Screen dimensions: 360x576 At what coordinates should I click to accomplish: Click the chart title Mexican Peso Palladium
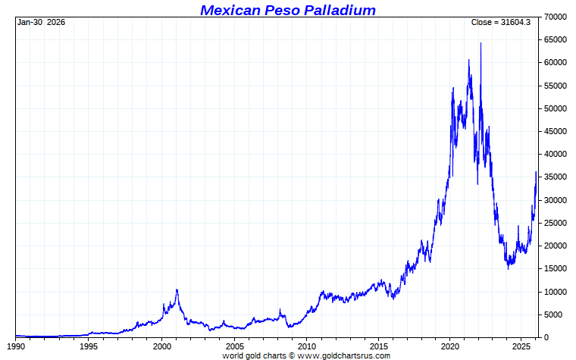pos(288,10)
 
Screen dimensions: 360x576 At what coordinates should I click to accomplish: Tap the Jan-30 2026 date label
pos(41,22)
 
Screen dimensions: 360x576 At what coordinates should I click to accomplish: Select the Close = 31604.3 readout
pos(500,22)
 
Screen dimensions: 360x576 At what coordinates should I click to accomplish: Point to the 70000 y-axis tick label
pos(556,17)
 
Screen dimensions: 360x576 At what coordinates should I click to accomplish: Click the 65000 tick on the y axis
pos(556,39)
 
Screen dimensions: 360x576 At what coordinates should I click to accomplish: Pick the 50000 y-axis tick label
pos(556,108)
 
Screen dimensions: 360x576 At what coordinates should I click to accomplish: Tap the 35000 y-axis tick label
pos(556,177)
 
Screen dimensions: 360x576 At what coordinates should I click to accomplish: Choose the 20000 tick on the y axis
pos(556,246)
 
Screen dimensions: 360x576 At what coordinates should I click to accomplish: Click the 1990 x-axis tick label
pos(15,346)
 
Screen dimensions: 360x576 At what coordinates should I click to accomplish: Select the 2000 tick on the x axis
pos(162,346)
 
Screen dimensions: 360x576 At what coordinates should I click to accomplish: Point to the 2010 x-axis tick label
pos(306,346)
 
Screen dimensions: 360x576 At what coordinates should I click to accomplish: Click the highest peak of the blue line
pos(481,44)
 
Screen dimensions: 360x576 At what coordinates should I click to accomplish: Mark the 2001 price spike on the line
pos(177,290)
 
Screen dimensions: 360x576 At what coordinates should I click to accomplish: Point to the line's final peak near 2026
pos(536,173)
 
